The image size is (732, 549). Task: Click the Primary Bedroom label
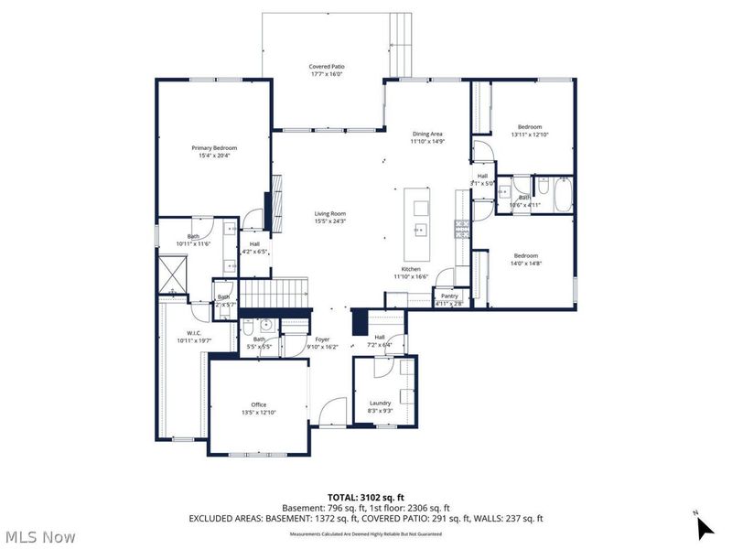click(x=214, y=148)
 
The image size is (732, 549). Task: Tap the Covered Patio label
click(x=326, y=66)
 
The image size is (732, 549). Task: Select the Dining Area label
click(x=426, y=135)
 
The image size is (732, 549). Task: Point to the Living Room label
click(x=329, y=214)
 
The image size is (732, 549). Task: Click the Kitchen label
click(x=411, y=269)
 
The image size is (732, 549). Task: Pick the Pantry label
click(x=449, y=296)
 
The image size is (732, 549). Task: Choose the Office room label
click(x=259, y=404)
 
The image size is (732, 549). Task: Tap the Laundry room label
click(x=381, y=403)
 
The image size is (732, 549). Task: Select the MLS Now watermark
click(x=41, y=536)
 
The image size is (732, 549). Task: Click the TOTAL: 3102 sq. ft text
click(x=366, y=496)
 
